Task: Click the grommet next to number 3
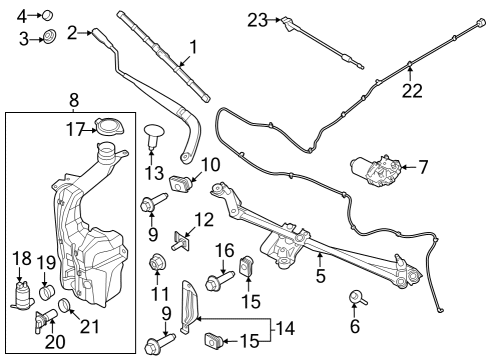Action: pos(46,39)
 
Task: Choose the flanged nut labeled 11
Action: pos(155,264)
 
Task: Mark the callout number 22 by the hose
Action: pos(410,90)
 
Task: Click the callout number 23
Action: pos(257,19)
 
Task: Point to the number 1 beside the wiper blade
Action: pos(192,45)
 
